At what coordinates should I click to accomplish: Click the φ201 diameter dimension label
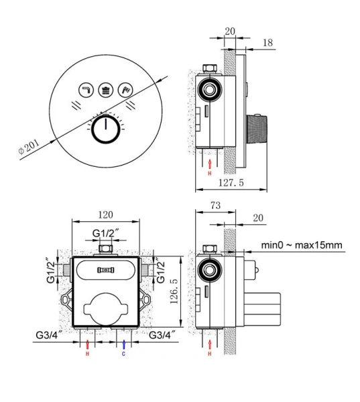coord(29,147)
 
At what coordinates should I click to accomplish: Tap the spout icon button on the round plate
coord(86,90)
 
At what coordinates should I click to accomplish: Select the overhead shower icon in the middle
coord(106,90)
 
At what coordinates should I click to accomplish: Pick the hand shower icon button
coord(125,90)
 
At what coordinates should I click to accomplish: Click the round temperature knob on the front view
coord(106,129)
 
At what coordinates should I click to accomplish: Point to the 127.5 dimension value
coord(231,183)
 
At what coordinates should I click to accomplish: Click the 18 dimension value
coord(267,43)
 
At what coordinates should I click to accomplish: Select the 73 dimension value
coord(215,206)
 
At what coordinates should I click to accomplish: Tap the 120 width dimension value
coord(105,214)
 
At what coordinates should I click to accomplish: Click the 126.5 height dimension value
coord(174,291)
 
